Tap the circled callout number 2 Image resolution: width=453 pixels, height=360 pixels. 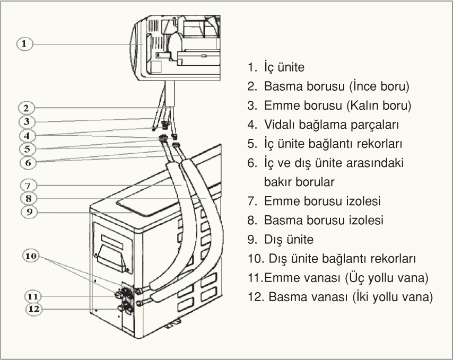25,108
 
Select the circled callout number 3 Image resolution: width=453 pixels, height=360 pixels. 25,121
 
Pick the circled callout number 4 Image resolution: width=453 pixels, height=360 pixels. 25,135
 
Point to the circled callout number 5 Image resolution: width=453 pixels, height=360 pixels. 25,148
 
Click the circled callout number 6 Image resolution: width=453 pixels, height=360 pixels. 25,162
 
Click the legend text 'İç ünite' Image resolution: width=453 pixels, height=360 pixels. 283,67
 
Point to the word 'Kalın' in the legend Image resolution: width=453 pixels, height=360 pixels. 363,106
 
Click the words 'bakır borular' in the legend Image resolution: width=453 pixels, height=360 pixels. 299,182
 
